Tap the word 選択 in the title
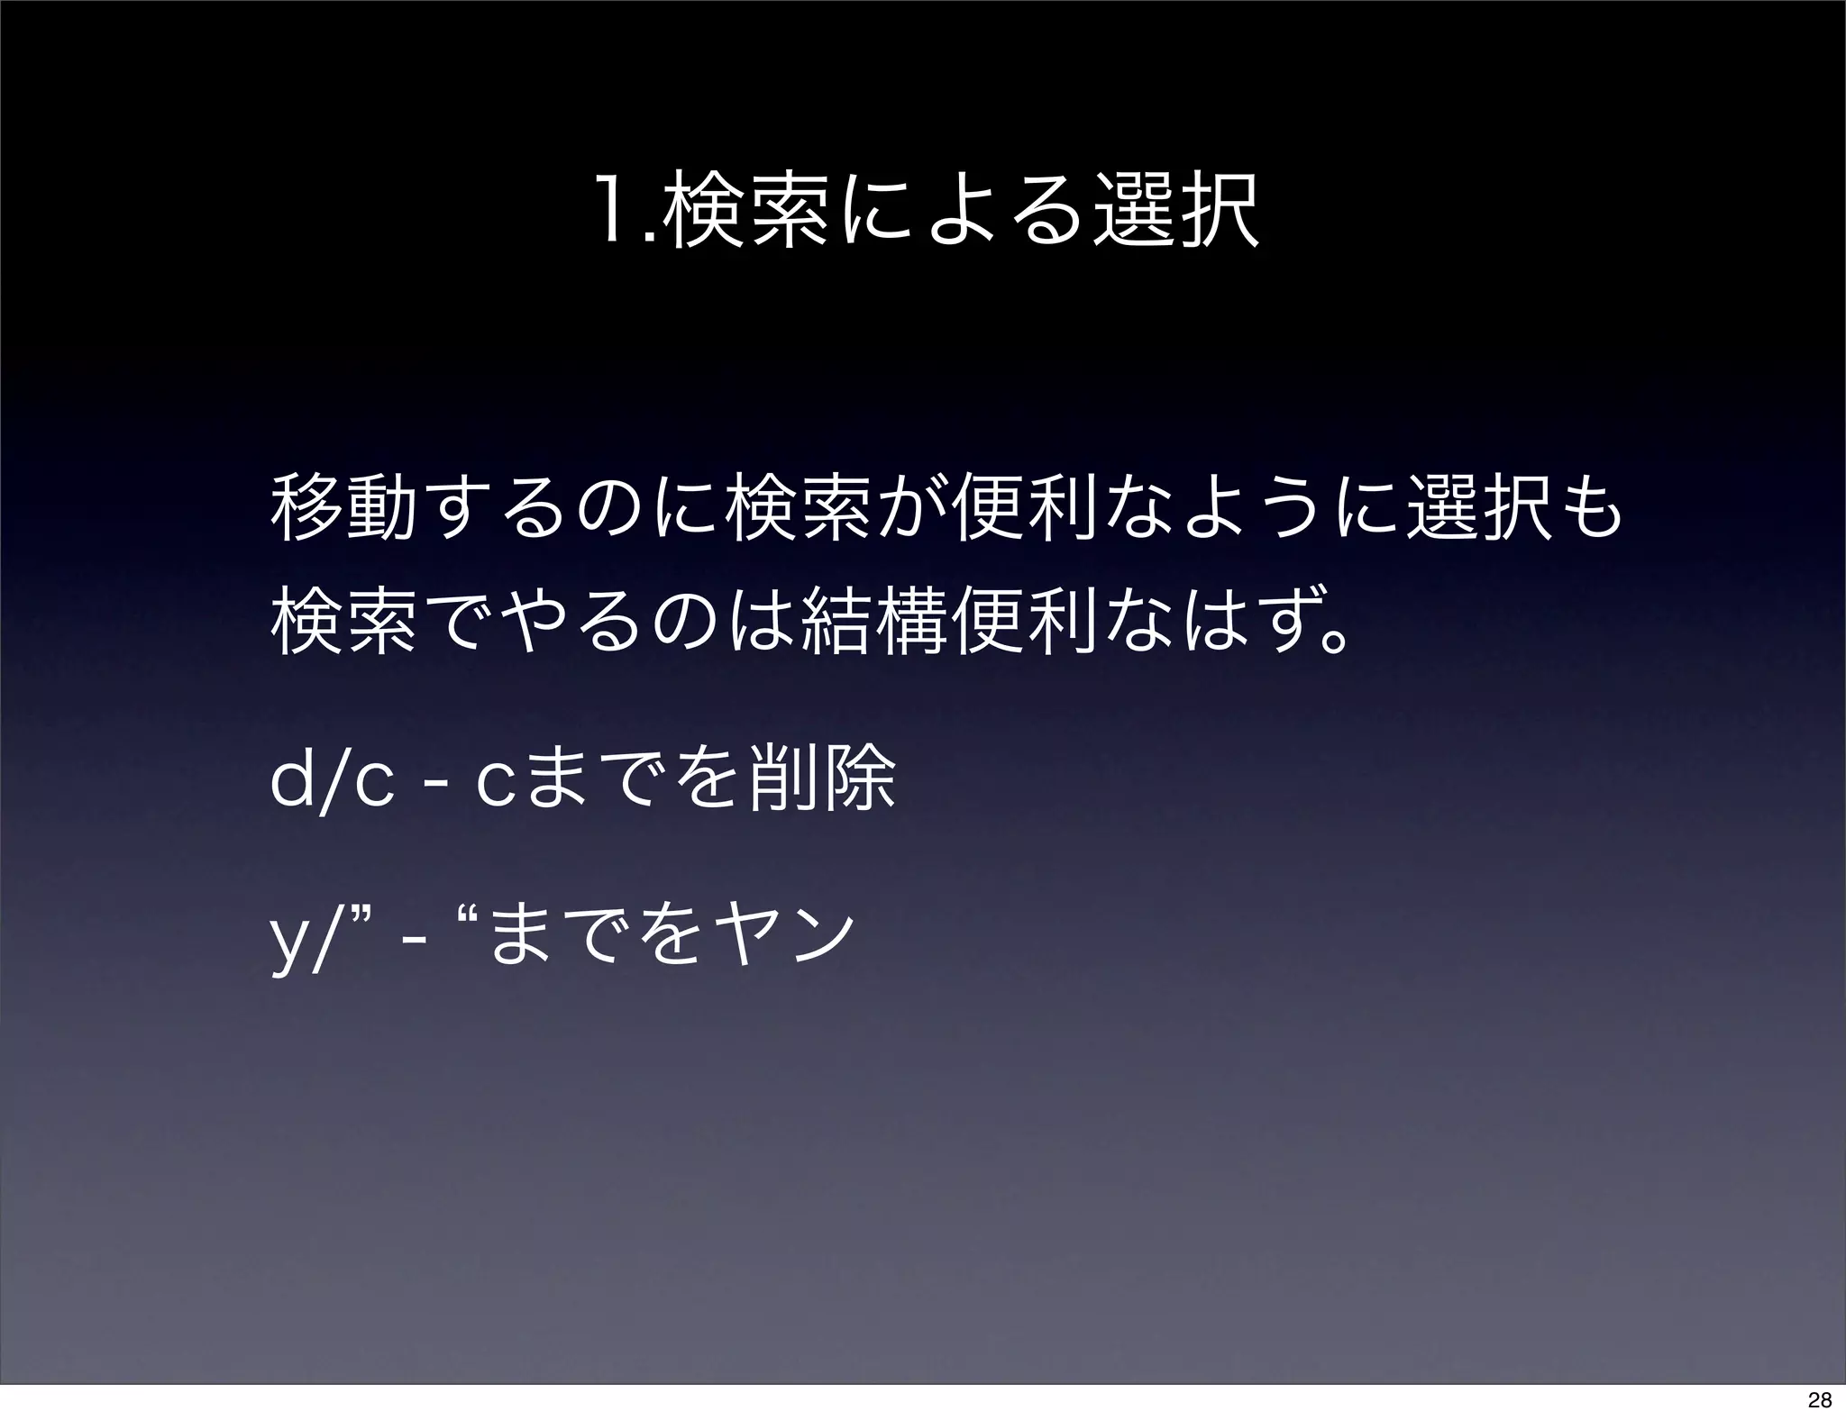tap(1175, 214)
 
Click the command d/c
tap(332, 781)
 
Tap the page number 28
tap(1820, 1400)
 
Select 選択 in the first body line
tap(1485, 512)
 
